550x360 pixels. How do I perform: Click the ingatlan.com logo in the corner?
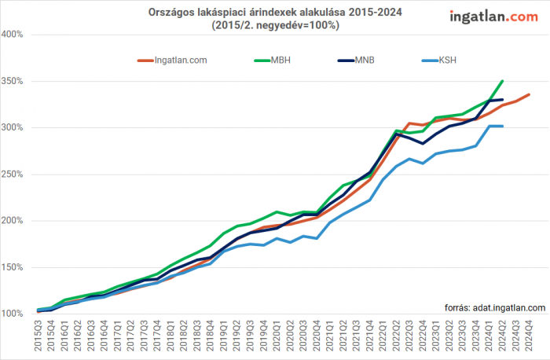(x=494, y=16)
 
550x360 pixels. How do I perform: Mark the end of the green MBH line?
(x=502, y=81)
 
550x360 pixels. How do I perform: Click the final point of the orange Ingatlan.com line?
(x=529, y=94)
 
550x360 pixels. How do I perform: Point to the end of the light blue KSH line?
(x=502, y=127)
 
